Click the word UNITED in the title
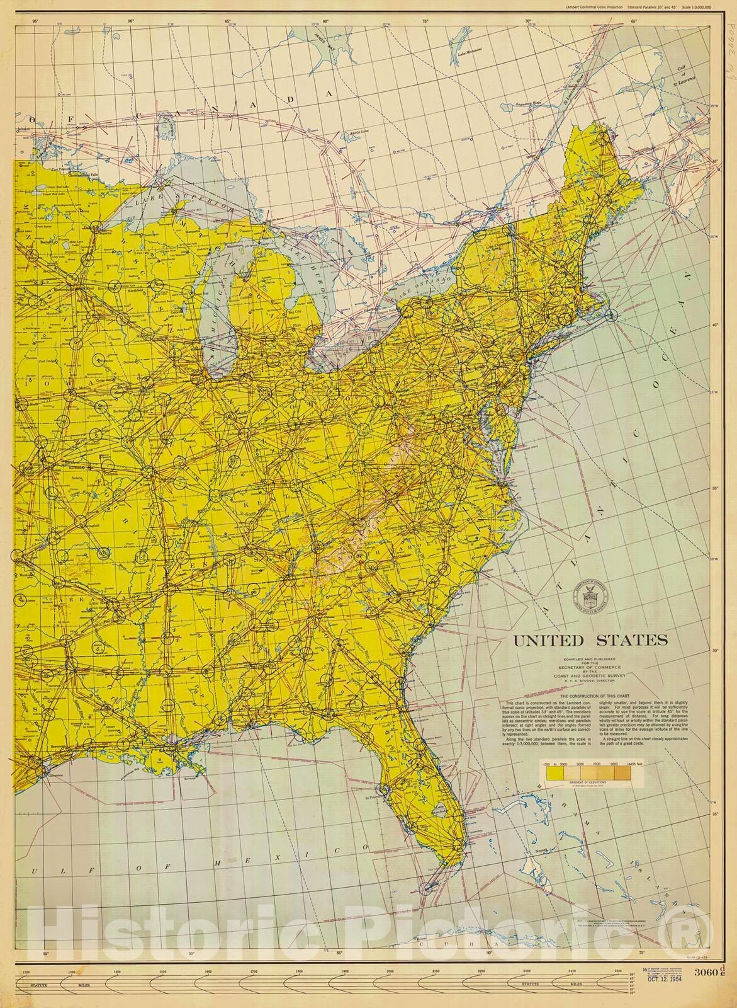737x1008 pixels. coord(549,641)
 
